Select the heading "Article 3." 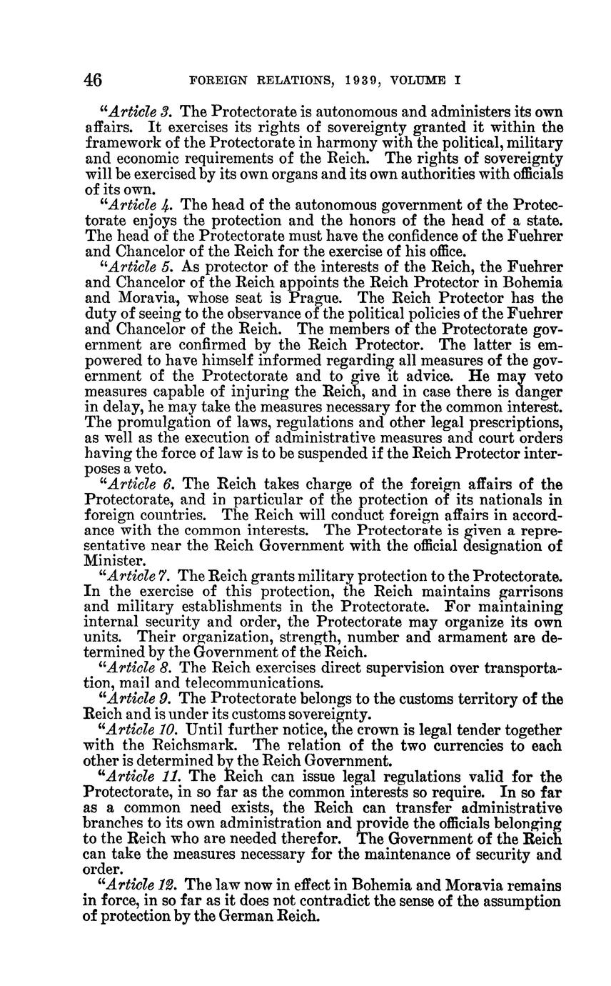pos(140,111)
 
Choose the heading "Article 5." pos(140,267)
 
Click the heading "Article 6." pos(140,484)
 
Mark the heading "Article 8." pos(140,667)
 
